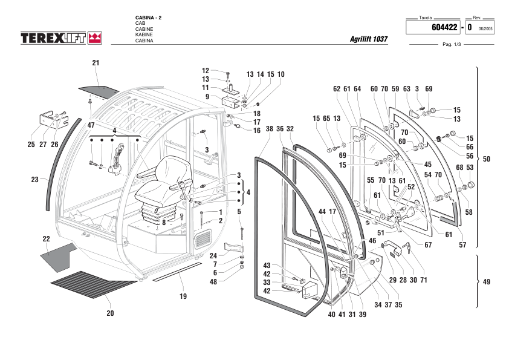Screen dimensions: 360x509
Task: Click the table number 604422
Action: (x=444, y=27)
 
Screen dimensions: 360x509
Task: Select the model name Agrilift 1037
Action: (x=369, y=39)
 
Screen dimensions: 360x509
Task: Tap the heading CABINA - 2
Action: (x=149, y=16)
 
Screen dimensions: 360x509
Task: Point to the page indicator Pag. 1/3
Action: (x=452, y=45)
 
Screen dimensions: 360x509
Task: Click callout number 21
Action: (x=96, y=63)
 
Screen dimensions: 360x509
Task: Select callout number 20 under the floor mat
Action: (x=109, y=313)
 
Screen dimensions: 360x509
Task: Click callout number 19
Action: (x=183, y=296)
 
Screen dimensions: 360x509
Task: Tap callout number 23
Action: (x=34, y=179)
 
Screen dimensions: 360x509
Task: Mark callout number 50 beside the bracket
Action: (x=486, y=159)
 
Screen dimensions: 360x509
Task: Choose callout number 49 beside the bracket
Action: (x=486, y=282)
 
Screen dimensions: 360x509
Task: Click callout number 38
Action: (x=270, y=129)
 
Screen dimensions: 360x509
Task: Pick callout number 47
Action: (x=91, y=125)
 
